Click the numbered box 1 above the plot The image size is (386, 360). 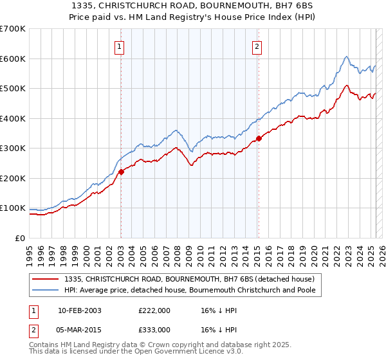coord(120,46)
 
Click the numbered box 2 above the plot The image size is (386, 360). coord(257,46)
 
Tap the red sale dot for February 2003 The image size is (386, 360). coord(121,172)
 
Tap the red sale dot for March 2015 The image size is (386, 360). coord(259,138)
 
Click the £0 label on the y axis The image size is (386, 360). coord(19,238)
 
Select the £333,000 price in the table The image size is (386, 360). coord(154,329)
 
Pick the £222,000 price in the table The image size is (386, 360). coord(154,310)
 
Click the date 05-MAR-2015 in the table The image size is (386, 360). coord(80,329)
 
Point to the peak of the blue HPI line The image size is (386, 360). coord(346,57)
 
